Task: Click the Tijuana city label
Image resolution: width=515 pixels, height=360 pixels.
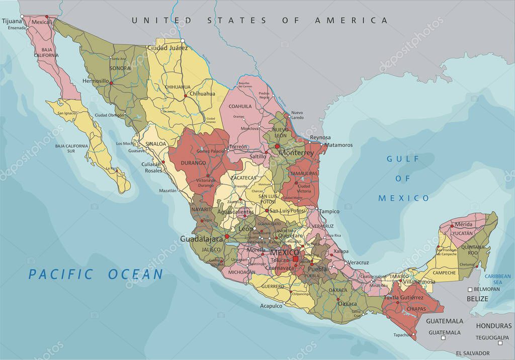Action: click(x=13, y=21)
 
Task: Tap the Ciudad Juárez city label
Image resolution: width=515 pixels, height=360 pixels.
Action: click(x=167, y=48)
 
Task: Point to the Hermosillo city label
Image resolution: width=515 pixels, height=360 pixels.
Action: click(x=96, y=80)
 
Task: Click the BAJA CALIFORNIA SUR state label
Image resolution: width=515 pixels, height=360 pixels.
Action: click(x=71, y=148)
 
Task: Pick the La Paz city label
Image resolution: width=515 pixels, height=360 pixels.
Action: click(x=113, y=168)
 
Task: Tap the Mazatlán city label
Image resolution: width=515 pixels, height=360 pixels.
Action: click(x=167, y=191)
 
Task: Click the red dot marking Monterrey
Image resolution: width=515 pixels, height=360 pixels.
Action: click(x=277, y=146)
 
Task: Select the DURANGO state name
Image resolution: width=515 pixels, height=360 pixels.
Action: click(x=194, y=163)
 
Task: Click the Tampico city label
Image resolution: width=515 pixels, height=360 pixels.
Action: click(x=329, y=211)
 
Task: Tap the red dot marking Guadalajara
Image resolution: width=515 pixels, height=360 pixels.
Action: click(x=227, y=236)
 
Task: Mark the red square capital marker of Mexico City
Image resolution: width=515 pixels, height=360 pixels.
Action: click(x=295, y=259)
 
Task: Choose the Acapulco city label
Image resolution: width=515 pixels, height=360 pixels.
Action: click(x=271, y=306)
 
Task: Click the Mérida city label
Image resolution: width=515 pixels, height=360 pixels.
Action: click(x=463, y=224)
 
